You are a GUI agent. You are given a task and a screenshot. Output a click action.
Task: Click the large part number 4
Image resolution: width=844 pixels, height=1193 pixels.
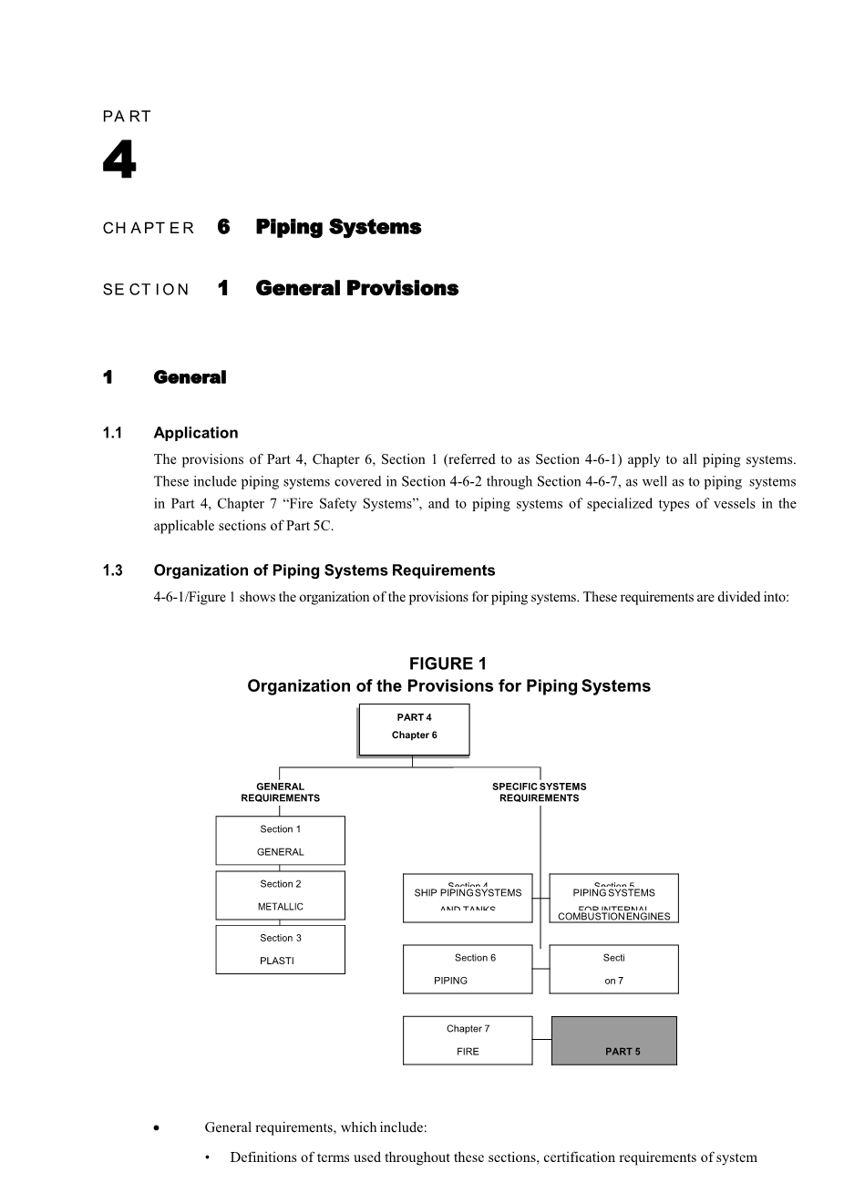click(119, 162)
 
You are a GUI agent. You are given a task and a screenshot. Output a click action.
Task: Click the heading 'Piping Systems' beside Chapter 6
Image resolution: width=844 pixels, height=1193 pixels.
click(338, 227)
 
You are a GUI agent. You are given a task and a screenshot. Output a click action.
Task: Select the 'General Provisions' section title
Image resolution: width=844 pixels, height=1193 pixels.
click(356, 289)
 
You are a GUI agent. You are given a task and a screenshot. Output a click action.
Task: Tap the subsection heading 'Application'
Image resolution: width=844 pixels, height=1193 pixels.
click(196, 433)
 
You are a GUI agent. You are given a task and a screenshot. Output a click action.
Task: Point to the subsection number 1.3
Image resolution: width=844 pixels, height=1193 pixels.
click(113, 571)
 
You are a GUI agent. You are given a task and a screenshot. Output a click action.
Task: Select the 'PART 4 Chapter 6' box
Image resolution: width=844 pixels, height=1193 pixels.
click(414, 729)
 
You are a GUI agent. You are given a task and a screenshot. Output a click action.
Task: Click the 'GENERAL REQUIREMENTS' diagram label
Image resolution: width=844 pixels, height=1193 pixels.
click(280, 792)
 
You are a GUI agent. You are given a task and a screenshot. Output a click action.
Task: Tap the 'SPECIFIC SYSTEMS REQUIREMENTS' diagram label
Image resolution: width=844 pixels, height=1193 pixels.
click(539, 792)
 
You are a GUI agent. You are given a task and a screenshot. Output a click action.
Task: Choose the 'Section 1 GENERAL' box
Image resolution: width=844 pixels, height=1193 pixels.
click(280, 840)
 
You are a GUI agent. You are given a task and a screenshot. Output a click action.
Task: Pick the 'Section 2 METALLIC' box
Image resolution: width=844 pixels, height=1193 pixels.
click(280, 895)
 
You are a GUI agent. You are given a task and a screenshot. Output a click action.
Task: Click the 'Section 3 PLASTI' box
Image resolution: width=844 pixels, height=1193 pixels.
click(280, 950)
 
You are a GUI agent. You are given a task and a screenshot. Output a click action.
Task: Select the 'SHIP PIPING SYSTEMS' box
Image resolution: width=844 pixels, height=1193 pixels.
click(468, 898)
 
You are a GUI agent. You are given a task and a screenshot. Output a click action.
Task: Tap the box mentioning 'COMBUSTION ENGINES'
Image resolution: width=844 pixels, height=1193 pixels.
click(613, 899)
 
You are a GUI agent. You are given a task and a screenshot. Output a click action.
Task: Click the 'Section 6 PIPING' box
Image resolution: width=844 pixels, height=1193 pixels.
click(468, 969)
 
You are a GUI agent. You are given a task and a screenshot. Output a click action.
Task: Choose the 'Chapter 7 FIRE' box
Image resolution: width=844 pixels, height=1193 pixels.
click(468, 1040)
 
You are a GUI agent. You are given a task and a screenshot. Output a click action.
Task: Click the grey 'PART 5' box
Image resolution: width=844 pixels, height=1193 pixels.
click(614, 1041)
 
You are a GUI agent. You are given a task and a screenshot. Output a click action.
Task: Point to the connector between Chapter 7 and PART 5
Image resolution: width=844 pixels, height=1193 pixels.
click(541, 1039)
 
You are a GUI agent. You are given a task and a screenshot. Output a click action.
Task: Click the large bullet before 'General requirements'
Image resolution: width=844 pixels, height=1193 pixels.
click(158, 1128)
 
